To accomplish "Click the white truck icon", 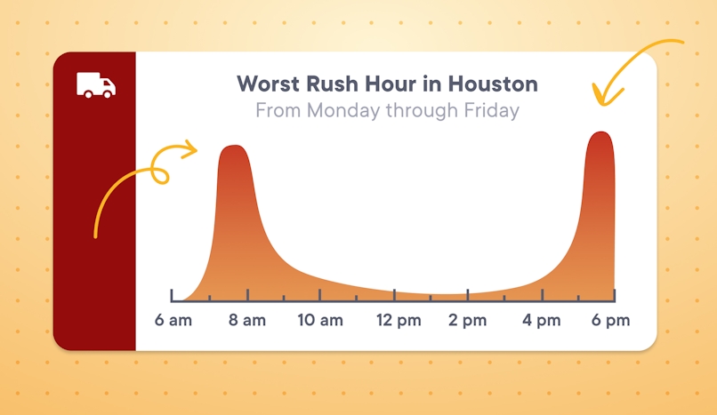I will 96,84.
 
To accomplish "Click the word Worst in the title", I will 267,84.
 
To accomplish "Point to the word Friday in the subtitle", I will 488,111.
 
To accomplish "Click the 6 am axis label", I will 173,321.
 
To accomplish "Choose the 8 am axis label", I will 246,321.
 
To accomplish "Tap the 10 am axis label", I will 319,321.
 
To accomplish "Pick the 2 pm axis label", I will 467,321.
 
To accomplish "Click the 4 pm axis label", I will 541,321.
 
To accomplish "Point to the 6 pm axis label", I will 611,321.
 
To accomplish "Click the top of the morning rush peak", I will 233,147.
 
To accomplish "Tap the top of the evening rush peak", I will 600,133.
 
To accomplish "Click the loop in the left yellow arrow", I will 159,173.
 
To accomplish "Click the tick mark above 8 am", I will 247,295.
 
